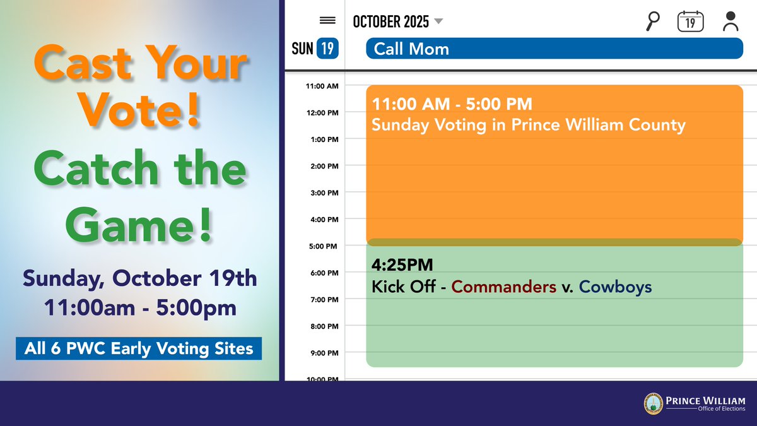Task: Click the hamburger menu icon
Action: [327, 21]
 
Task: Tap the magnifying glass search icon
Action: [653, 21]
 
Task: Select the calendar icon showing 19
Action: [690, 21]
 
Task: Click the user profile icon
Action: [731, 21]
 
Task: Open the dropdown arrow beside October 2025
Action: [439, 21]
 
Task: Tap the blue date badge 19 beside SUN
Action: [327, 48]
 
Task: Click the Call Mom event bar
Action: [554, 49]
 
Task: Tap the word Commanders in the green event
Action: [503, 287]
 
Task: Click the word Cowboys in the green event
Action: [615, 287]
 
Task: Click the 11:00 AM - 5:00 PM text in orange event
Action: [452, 104]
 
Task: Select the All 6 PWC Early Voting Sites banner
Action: [139, 348]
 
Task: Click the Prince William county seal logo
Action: [653, 404]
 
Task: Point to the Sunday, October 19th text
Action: [140, 278]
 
